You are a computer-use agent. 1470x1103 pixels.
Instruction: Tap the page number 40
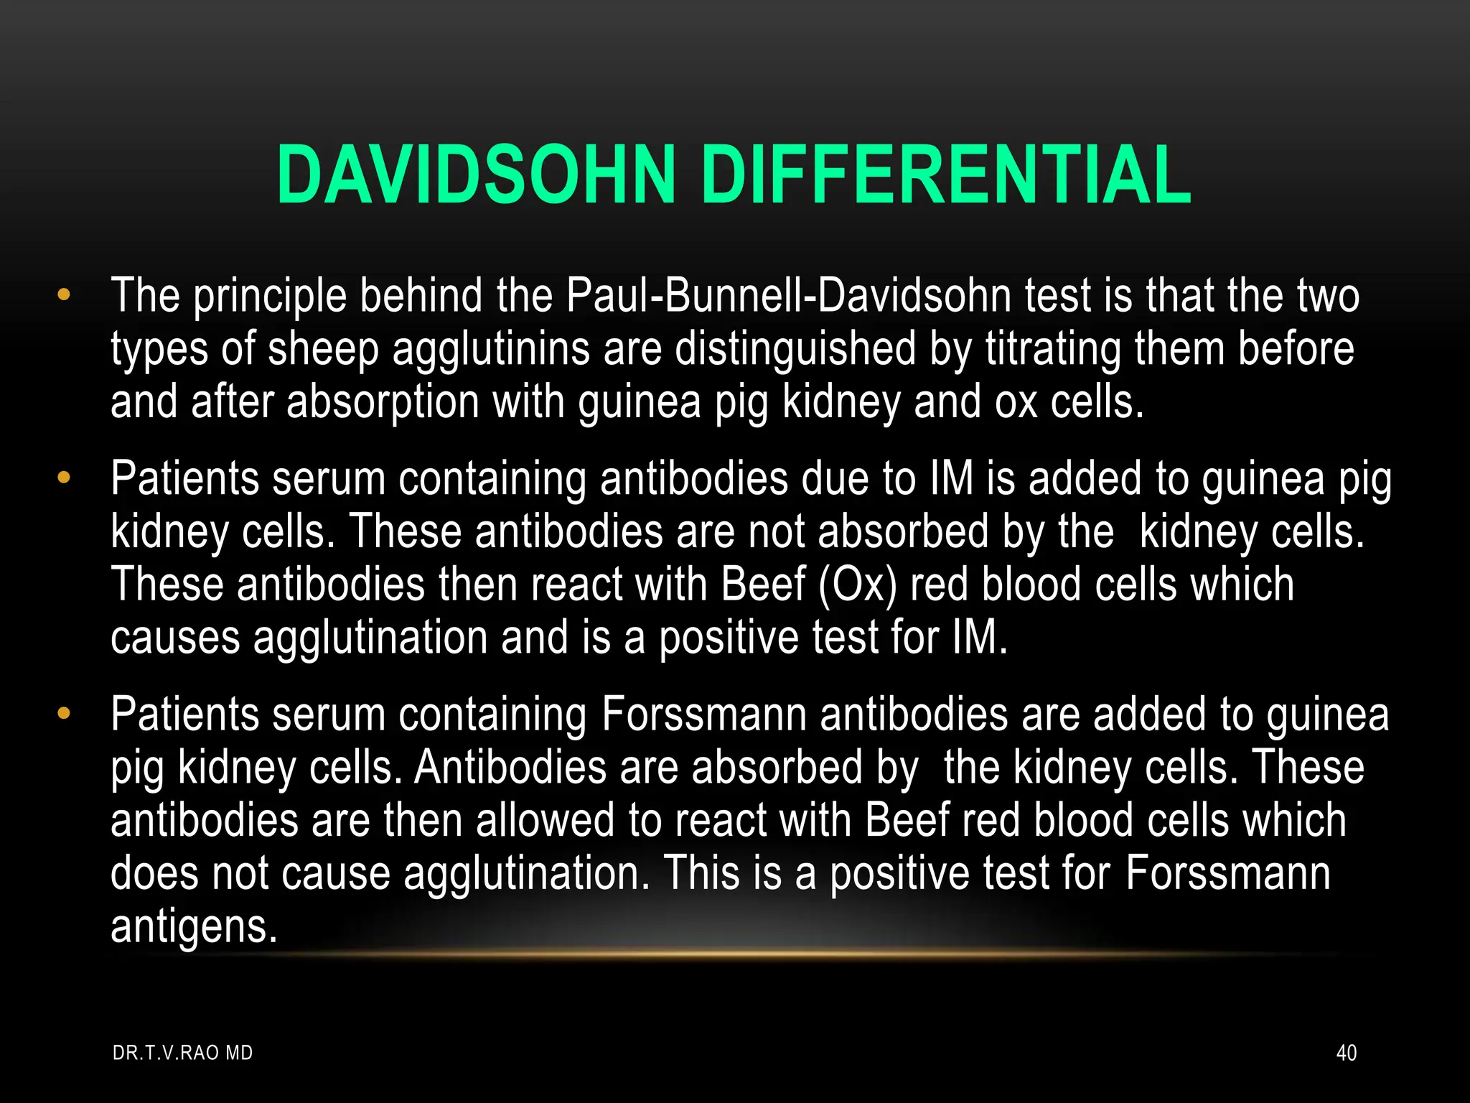coord(1346,1053)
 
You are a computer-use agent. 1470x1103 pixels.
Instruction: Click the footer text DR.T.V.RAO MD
coord(183,1053)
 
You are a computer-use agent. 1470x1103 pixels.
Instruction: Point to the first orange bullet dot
coord(64,294)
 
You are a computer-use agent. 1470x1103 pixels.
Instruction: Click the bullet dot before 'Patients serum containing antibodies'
coord(64,477)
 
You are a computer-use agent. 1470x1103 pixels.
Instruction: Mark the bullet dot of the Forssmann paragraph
coord(64,713)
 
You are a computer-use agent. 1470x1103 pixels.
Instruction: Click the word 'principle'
coord(270,296)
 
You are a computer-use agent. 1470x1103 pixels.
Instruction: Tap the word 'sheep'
coord(323,349)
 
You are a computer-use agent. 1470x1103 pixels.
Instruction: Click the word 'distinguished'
coord(796,349)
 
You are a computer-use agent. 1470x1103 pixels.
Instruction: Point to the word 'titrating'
coord(1054,349)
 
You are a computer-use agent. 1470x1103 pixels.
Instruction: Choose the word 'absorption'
coord(383,402)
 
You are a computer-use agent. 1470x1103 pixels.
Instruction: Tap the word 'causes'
coord(175,638)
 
